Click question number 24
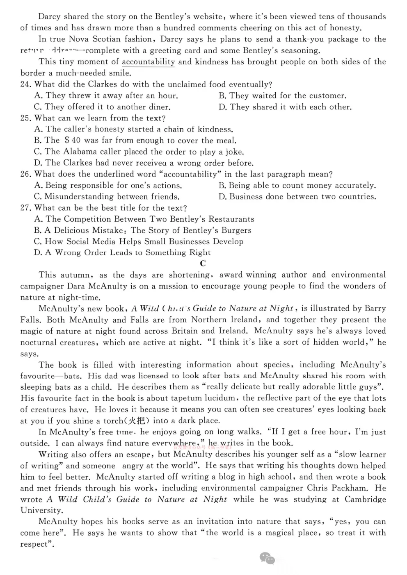click(26, 85)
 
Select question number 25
click(26, 118)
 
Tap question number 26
click(26, 174)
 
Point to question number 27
click(26, 208)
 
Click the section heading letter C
click(203, 264)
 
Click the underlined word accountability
click(148, 62)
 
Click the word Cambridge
click(365, 499)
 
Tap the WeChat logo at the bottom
click(267, 558)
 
